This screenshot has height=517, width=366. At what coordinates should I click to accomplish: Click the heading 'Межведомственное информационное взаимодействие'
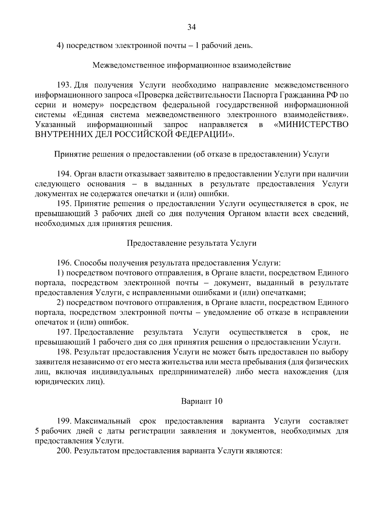[192, 65]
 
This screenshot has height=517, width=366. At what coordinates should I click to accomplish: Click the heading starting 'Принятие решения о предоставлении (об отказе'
[192, 154]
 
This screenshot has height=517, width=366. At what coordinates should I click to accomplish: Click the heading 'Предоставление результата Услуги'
[192, 243]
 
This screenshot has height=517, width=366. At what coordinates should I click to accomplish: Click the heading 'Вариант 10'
[202, 401]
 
